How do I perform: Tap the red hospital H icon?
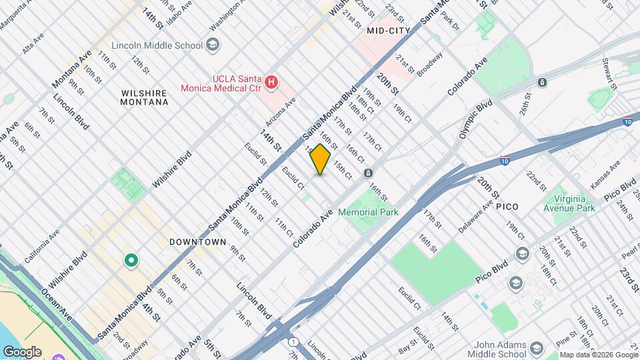271,83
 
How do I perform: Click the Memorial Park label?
368,212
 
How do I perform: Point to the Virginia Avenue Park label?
568,203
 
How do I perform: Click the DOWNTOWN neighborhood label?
198,242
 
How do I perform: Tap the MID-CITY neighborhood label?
388,31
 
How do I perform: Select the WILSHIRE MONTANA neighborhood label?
144,97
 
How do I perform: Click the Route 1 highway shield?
293,341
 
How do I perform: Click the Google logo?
22,351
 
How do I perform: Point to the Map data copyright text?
598,355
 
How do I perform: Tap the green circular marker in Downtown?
131,261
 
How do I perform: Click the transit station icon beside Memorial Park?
368,173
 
